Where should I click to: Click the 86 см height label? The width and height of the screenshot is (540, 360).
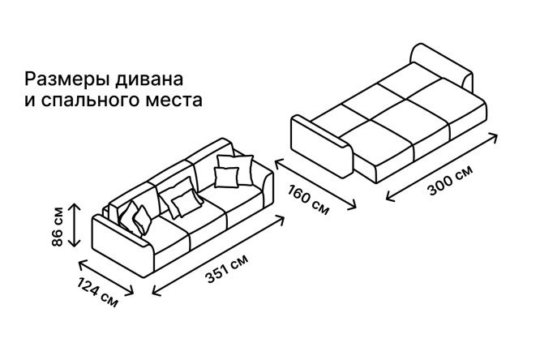tap(58, 226)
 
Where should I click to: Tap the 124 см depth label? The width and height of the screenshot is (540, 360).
tap(97, 292)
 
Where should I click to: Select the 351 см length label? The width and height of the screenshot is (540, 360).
tap(226, 268)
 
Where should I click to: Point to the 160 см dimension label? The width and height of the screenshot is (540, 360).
tap(308, 199)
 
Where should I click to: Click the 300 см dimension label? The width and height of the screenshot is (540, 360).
tap(450, 180)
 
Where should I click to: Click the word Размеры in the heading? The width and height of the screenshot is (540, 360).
tap(68, 79)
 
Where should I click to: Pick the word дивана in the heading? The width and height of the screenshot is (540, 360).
tap(148, 79)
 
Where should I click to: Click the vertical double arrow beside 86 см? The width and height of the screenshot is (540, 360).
tap(75, 225)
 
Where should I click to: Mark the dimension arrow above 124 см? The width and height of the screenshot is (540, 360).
tap(106, 278)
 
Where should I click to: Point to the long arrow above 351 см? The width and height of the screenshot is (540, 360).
tap(218, 255)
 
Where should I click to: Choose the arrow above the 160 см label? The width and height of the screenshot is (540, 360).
tap(315, 183)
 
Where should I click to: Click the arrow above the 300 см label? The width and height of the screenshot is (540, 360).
tap(442, 167)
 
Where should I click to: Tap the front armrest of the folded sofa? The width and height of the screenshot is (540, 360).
tap(122, 245)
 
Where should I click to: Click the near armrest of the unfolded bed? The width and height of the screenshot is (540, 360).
tap(323, 146)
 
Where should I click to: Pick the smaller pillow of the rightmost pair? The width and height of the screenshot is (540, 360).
tap(226, 177)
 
